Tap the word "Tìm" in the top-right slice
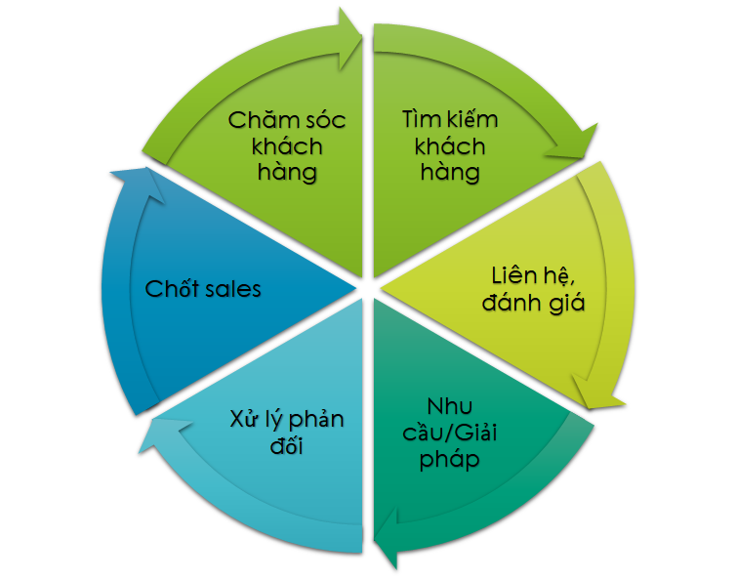[x=419, y=120]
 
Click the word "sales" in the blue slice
[x=233, y=289]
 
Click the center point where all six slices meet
[x=367, y=289]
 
